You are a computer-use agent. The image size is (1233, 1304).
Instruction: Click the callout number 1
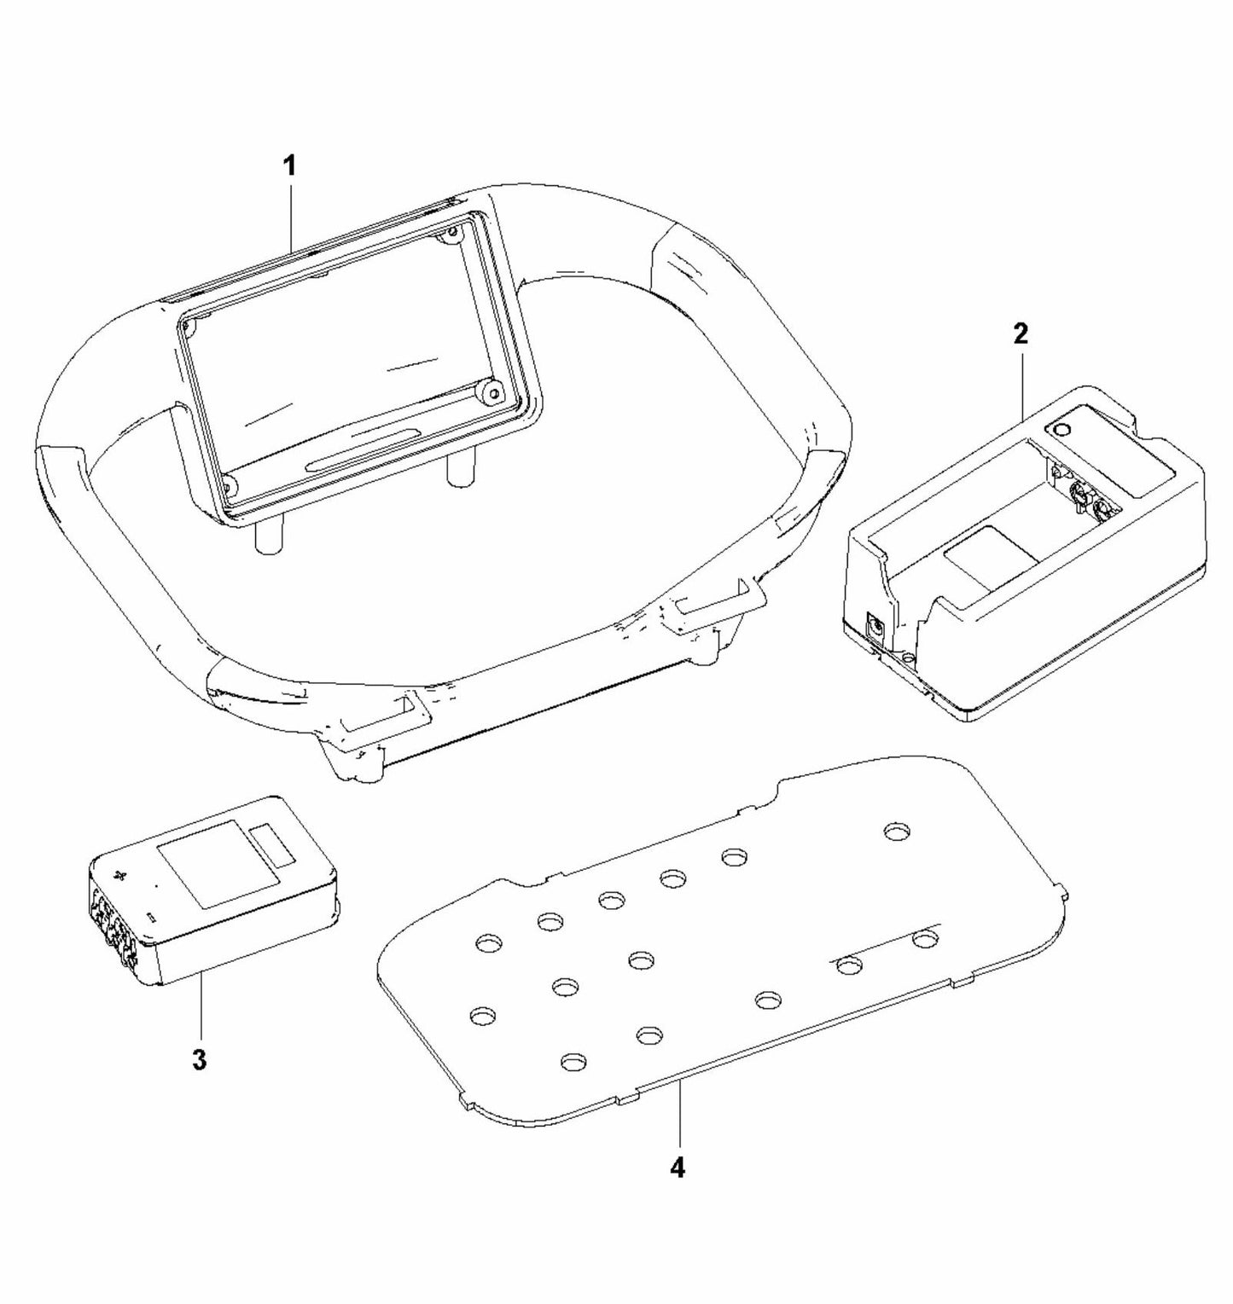tap(290, 165)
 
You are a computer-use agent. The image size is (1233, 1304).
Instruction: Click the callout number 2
tap(1021, 333)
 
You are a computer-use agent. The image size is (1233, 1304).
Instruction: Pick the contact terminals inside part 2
tap(1081, 496)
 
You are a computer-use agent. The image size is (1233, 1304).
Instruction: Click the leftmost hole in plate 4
tap(483, 1015)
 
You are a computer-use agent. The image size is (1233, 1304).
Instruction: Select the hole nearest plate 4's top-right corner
tap(896, 831)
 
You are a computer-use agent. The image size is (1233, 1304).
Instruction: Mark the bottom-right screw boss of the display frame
tap(492, 393)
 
